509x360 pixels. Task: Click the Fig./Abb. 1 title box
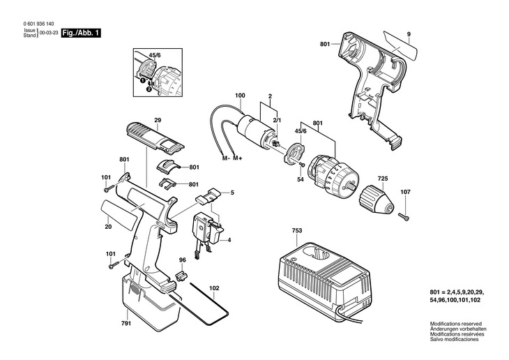point(79,33)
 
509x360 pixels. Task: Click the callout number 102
point(214,287)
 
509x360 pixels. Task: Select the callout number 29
point(158,121)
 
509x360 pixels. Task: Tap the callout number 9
point(409,35)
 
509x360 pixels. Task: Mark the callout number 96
point(183,261)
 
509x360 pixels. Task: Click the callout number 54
point(300,179)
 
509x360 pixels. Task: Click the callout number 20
point(108,226)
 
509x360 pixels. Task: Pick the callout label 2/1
point(277,121)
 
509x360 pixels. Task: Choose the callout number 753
point(297,230)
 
